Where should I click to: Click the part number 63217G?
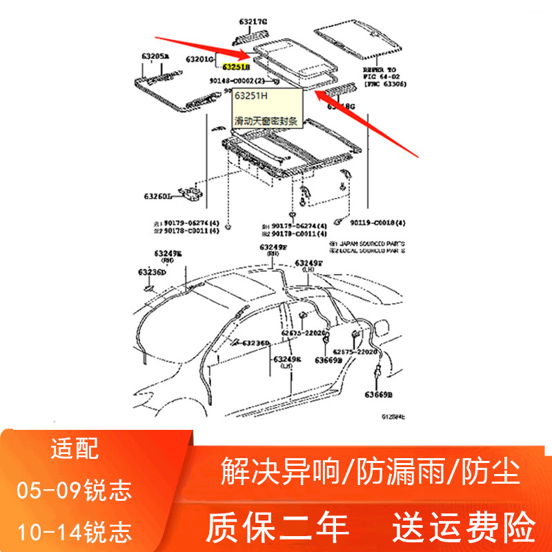tap(253, 22)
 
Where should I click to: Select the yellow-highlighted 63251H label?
tap(237, 67)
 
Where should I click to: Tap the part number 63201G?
tap(199, 59)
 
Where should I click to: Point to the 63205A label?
tap(156, 55)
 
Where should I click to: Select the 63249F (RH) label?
tap(273, 250)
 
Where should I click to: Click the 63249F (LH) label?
tap(308, 266)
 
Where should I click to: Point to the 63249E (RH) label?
tap(168, 257)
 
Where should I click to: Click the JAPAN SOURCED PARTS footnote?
tap(368, 243)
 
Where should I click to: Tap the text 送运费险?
tap(464, 527)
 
